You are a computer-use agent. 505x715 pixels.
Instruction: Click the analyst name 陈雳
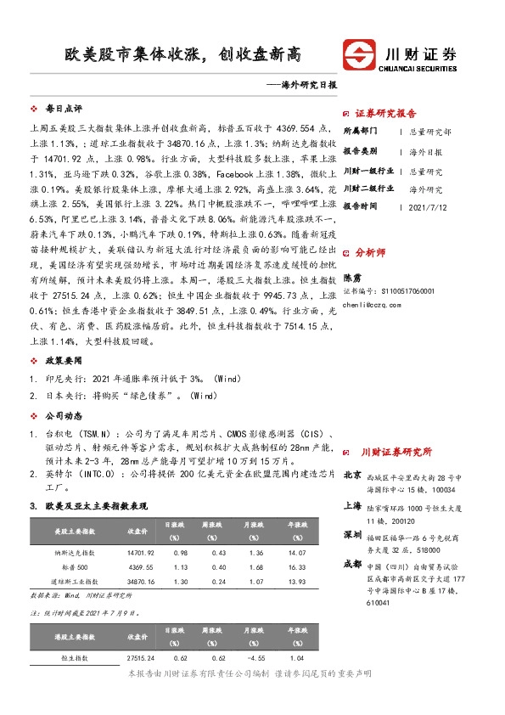coord(351,277)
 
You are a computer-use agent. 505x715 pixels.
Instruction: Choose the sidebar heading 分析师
coord(370,252)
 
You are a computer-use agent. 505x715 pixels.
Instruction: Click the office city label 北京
coord(352,476)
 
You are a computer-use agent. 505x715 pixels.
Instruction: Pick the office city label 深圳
coord(352,535)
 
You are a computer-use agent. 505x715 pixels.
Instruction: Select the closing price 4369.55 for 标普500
coord(140,566)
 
